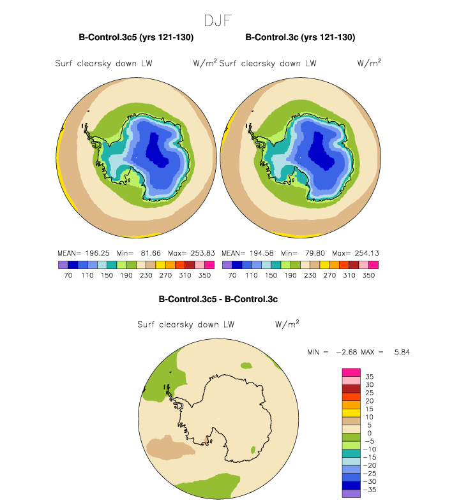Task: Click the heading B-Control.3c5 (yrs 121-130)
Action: pos(136,38)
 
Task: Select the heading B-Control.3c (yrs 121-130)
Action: pos(300,38)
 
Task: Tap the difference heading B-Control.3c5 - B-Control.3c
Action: pos(218,298)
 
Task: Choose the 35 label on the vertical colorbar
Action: pos(369,377)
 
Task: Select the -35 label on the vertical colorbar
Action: pos(371,490)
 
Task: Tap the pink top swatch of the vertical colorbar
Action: pos(351,372)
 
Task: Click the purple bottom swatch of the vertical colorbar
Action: pos(351,493)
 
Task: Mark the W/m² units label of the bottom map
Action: pos(287,324)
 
